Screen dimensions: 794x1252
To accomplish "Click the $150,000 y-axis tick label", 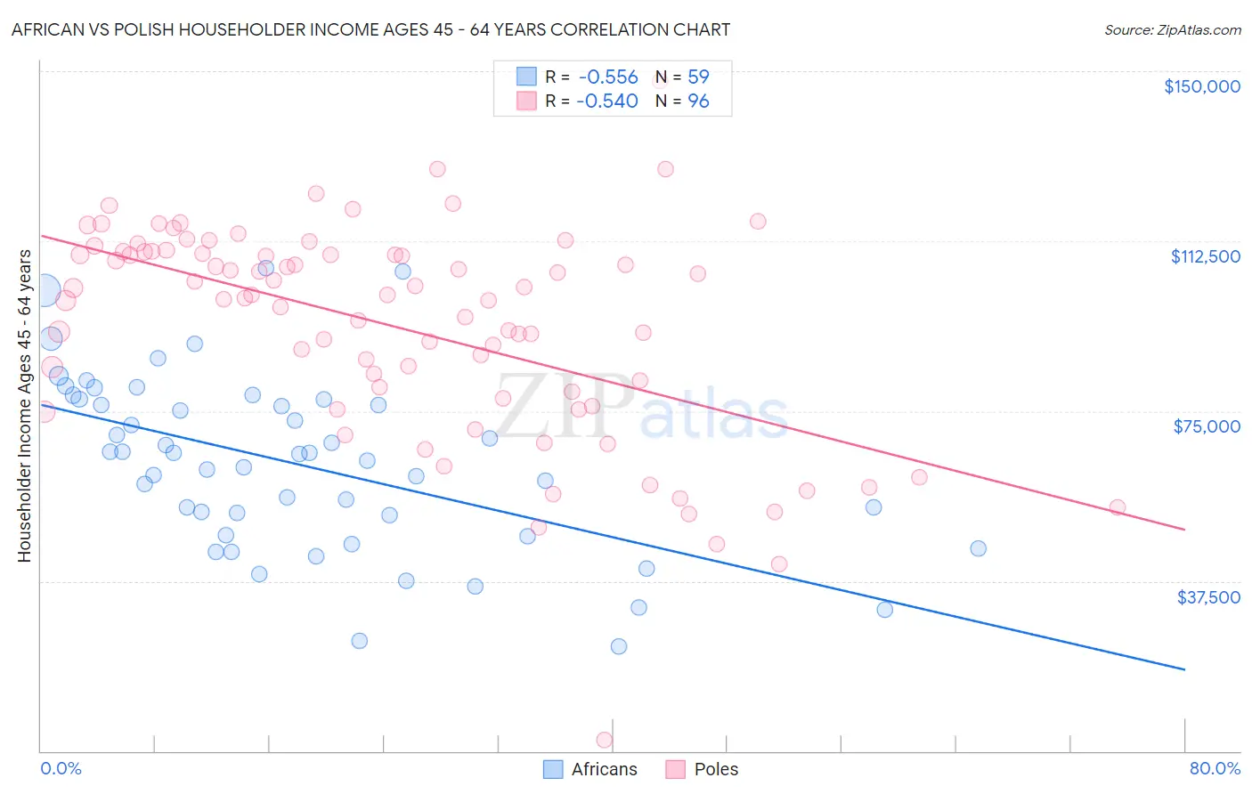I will tap(1201, 86).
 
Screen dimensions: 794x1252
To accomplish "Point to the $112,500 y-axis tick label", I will tap(1205, 256).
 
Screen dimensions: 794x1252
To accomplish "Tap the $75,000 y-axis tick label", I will tap(1207, 426).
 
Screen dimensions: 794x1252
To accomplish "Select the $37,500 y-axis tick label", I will tap(1208, 597).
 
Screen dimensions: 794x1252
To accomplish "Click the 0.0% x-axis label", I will tap(61, 768).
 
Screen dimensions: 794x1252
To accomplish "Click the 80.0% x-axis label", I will tap(1215, 768).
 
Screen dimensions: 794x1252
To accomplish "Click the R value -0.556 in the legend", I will tap(608, 77).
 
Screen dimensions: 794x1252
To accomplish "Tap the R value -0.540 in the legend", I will tap(607, 101).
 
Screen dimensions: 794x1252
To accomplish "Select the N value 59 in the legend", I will tap(698, 77).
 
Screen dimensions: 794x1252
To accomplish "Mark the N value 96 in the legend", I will tap(698, 101).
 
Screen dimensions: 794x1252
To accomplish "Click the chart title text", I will tap(370, 29).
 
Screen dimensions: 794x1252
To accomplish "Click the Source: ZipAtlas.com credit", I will tap(1172, 29).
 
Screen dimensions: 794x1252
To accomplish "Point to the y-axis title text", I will tap(24, 406).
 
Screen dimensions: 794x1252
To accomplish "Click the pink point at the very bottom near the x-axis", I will tap(604, 740).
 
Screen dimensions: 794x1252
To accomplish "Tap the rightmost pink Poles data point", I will tap(1117, 507).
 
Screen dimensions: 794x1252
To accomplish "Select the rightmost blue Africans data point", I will tap(978, 548).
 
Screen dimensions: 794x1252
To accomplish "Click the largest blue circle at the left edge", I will tap(45, 291).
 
